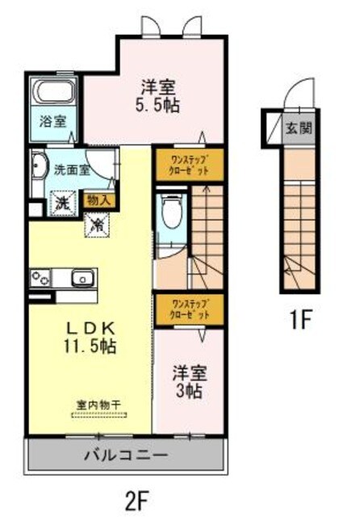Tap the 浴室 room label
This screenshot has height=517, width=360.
(55, 122)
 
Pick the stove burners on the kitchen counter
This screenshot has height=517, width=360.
(40, 280)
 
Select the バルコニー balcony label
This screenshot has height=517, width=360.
(125, 455)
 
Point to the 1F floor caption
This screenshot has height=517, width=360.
(301, 320)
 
